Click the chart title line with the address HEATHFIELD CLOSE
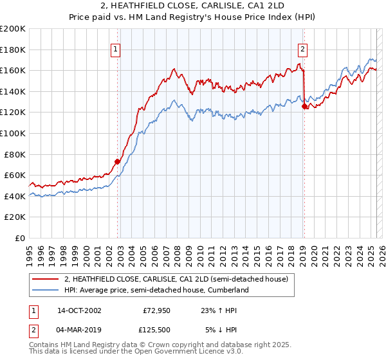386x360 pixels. click(x=192, y=6)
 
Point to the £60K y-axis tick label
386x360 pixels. click(x=15, y=175)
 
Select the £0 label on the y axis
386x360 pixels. click(x=21, y=238)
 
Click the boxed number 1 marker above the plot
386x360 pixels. click(x=115, y=48)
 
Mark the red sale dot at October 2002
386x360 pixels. click(x=118, y=162)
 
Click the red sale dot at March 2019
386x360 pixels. click(x=304, y=107)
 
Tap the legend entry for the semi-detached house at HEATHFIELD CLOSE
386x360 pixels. click(x=179, y=280)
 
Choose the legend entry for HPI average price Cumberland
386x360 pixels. click(x=156, y=290)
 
